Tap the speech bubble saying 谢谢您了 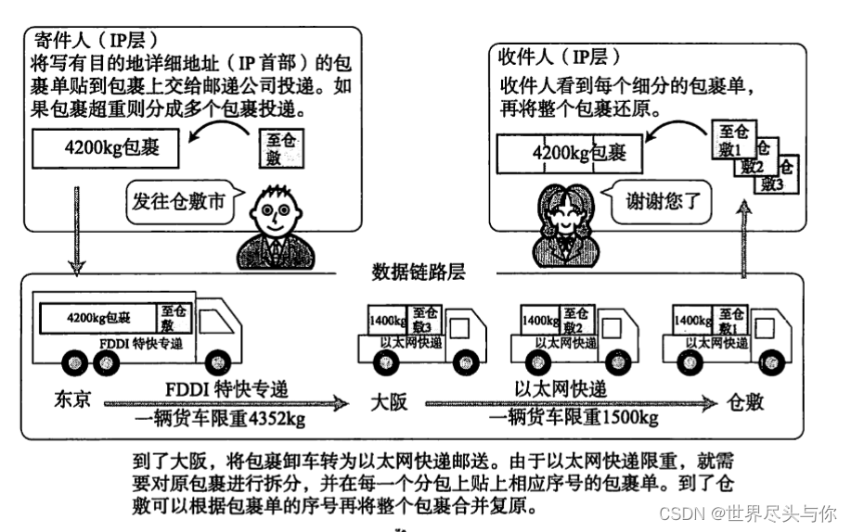coord(649,200)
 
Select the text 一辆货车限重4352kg coord(222,419)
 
